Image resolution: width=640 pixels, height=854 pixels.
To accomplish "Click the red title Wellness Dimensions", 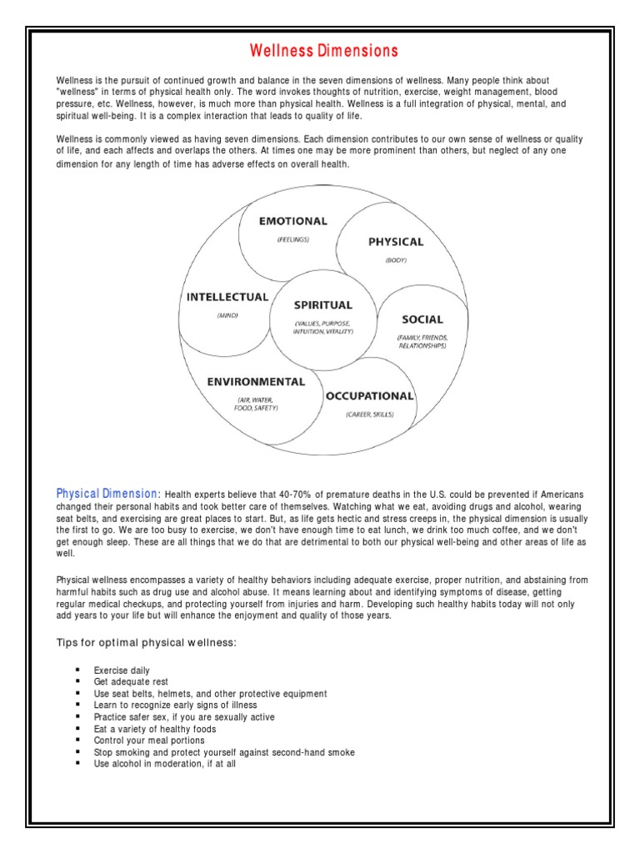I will click(x=325, y=51).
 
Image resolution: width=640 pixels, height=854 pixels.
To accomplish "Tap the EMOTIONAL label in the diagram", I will click(x=292, y=221).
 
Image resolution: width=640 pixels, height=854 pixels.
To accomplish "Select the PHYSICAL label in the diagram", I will click(x=396, y=242).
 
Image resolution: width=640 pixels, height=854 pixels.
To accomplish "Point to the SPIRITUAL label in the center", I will click(x=323, y=305).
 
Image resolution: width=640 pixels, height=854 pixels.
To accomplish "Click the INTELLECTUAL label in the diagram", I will click(x=227, y=297).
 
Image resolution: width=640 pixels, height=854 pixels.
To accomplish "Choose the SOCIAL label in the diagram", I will click(x=422, y=319).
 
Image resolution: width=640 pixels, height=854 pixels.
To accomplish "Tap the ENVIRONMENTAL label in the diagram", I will click(x=256, y=382).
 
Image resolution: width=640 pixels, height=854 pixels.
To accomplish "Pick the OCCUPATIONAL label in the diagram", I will click(x=369, y=395).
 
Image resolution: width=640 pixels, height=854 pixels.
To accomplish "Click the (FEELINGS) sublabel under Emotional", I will click(x=293, y=239).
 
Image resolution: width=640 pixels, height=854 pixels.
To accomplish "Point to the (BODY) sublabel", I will click(x=396, y=260).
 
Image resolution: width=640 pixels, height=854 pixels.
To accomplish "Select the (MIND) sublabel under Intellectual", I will click(x=227, y=315).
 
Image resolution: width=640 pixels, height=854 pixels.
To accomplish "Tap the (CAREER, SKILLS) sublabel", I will click(x=369, y=414).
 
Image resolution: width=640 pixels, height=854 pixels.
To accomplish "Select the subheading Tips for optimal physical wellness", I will click(x=147, y=642).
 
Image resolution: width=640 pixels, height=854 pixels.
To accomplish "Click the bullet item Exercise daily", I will click(x=122, y=671).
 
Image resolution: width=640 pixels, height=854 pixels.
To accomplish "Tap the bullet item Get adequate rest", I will click(x=131, y=682).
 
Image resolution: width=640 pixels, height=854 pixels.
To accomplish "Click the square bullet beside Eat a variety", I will click(x=77, y=729).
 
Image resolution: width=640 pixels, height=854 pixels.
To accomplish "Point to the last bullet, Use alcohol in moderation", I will click(x=165, y=764).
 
